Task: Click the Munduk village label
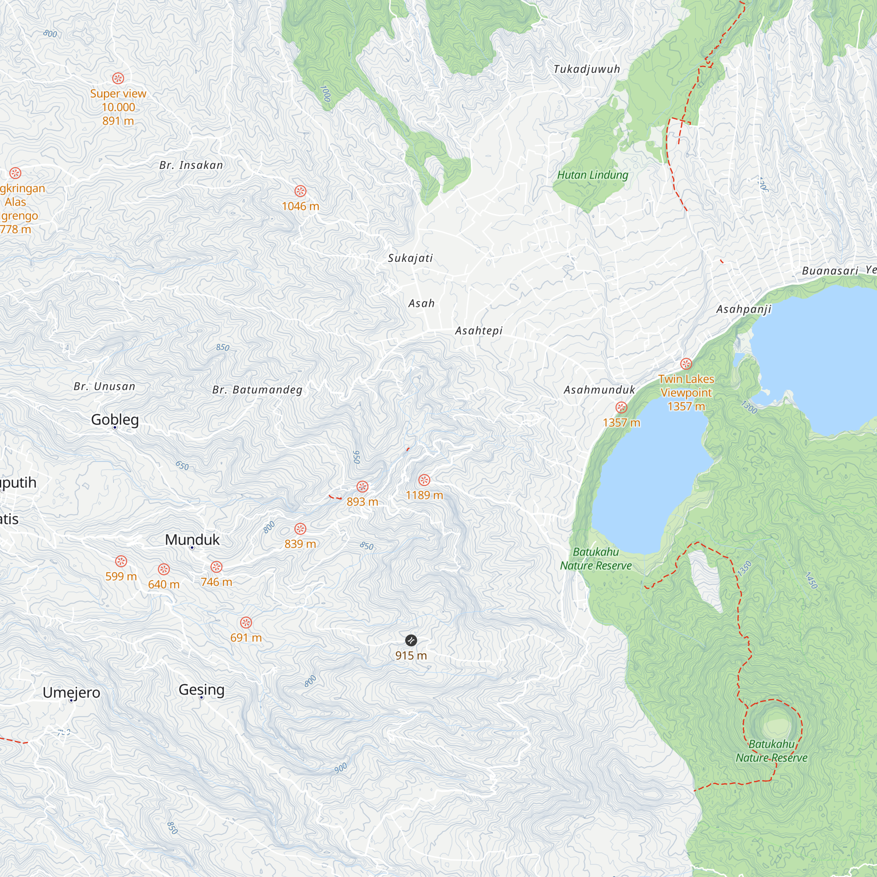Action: [x=192, y=540]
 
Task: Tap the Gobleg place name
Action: [x=115, y=420]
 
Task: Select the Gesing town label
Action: [x=202, y=689]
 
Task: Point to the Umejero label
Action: [x=71, y=693]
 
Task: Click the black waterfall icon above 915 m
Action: [x=411, y=641]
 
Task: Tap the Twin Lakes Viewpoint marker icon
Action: [x=686, y=364]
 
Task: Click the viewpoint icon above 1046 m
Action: [x=300, y=191]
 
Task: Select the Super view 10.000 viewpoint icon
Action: [x=118, y=78]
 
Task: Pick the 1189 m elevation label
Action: [x=424, y=495]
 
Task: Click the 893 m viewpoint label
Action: [x=362, y=502]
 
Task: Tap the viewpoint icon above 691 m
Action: [x=246, y=622]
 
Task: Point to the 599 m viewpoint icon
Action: [x=121, y=562]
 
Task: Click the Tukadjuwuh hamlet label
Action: [x=586, y=69]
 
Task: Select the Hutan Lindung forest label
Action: [x=592, y=175]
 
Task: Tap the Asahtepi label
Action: [x=479, y=331]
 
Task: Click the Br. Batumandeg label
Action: [x=257, y=390]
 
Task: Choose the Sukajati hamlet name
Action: [x=410, y=258]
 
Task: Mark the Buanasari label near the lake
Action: [x=830, y=271]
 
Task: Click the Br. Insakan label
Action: [x=191, y=165]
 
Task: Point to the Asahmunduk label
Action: [x=599, y=390]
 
